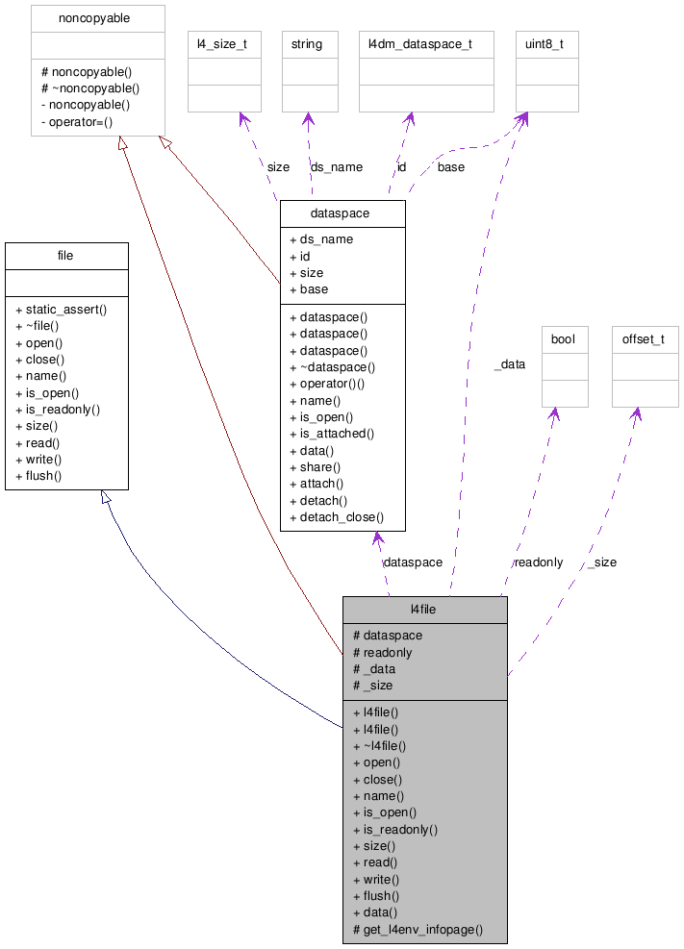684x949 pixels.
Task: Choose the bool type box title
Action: pyautogui.click(x=563, y=339)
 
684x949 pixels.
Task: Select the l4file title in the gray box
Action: pyautogui.click(x=423, y=610)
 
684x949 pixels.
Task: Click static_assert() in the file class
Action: pyautogui.click(x=62, y=310)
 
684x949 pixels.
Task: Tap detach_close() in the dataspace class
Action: pyautogui.click(x=336, y=517)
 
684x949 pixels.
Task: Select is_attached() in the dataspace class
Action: pyautogui.click(x=332, y=434)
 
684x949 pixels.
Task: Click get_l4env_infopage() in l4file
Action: pyautogui.click(x=418, y=930)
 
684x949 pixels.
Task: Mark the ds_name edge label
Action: pyautogui.click(x=337, y=167)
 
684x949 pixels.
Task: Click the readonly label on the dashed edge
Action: pyautogui.click(x=538, y=562)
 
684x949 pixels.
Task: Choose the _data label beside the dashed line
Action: pyautogui.click(x=509, y=364)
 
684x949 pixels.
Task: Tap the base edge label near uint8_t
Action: pyautogui.click(x=450, y=167)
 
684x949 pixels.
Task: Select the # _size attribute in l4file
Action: pyautogui.click(x=373, y=686)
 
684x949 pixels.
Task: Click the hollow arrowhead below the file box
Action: pyautogui.click(x=107, y=497)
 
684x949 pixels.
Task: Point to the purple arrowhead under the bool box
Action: pyautogui.click(x=554, y=413)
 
